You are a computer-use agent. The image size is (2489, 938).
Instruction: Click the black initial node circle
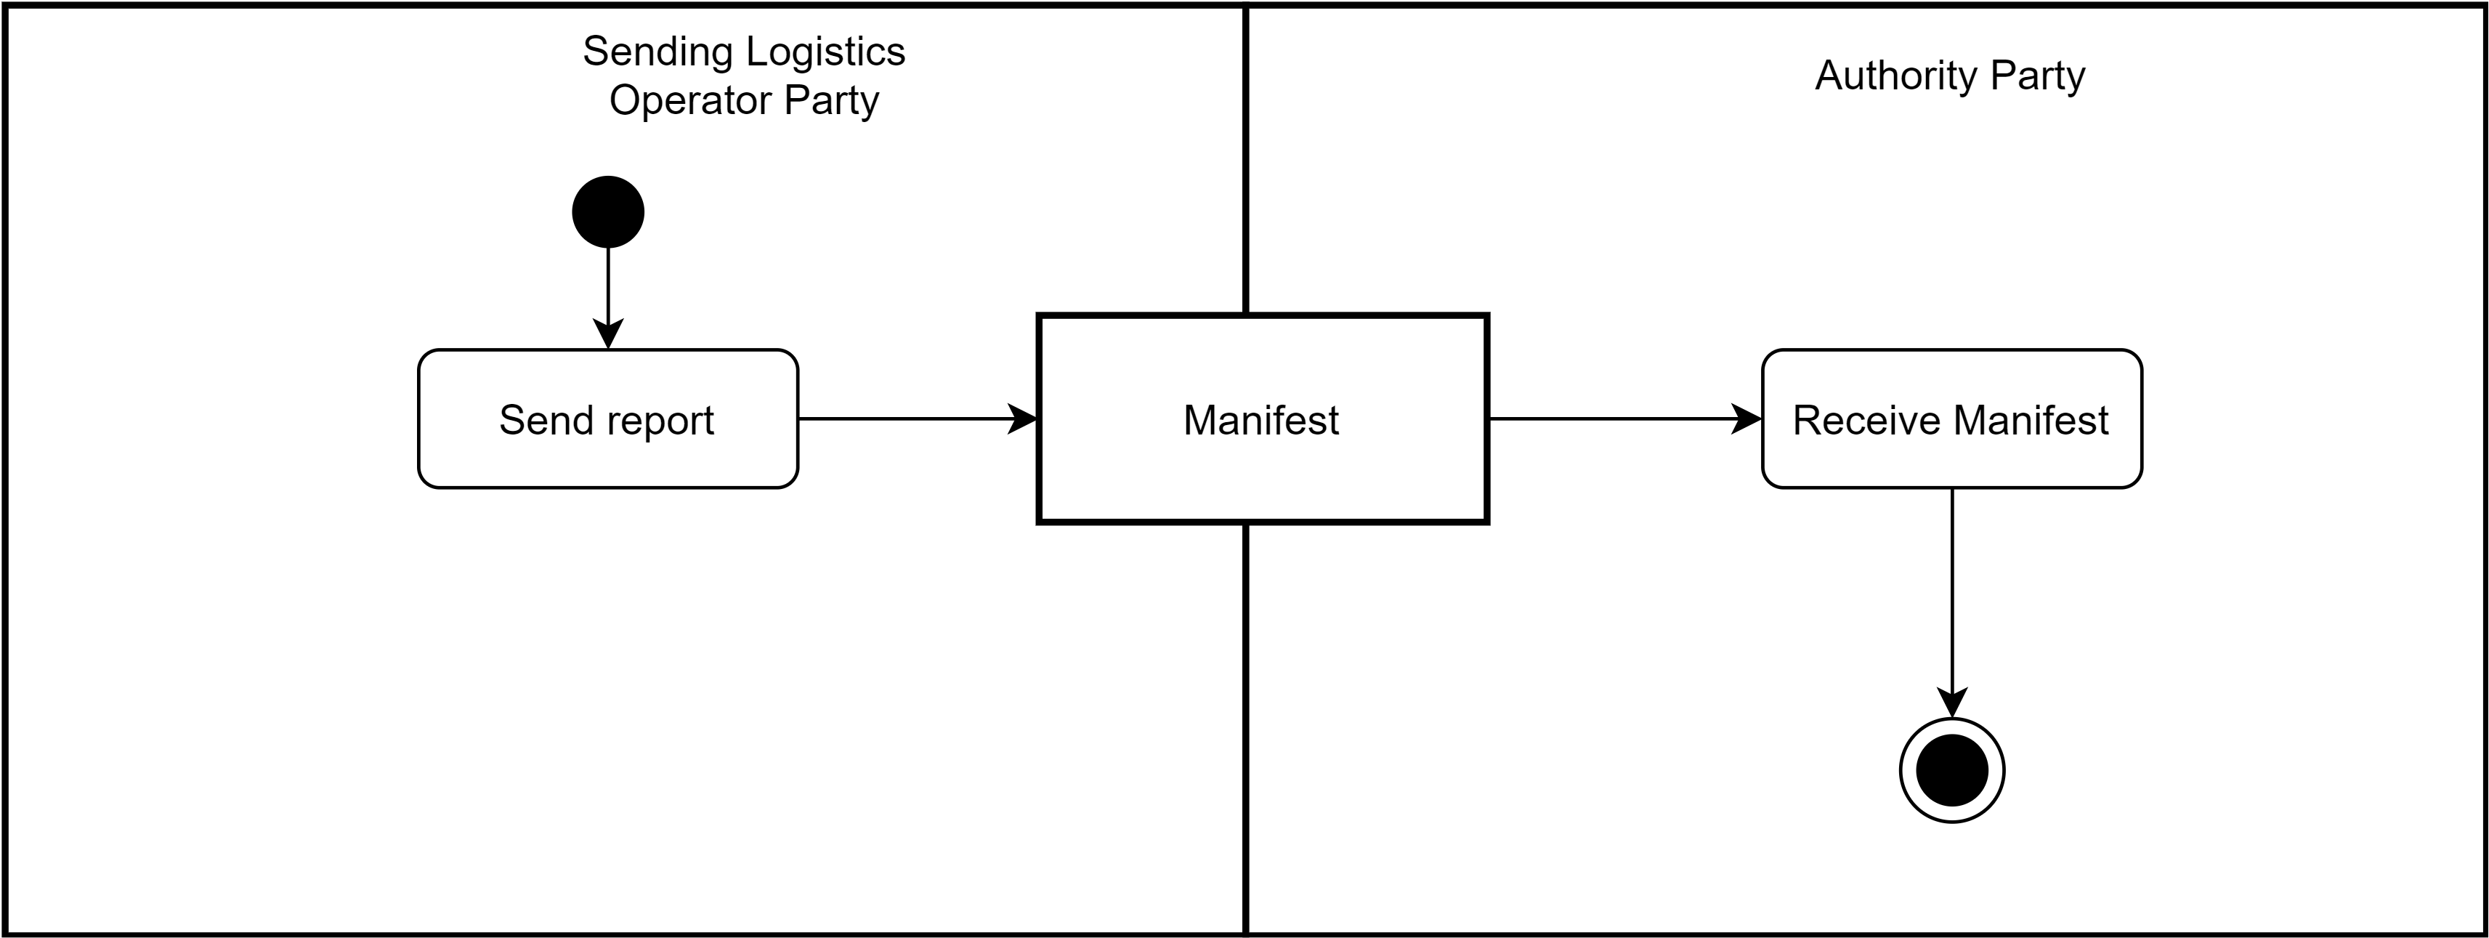click(608, 211)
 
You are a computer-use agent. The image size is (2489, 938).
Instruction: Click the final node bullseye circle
click(1952, 770)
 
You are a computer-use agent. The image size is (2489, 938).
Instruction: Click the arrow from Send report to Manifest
click(908, 419)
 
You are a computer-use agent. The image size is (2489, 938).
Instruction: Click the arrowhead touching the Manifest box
click(1022, 419)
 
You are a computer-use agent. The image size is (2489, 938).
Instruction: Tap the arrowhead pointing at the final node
click(1952, 703)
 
